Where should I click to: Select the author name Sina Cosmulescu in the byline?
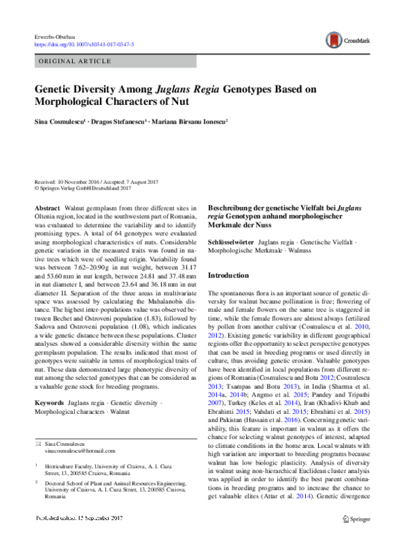[61, 121]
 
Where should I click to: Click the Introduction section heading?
[233, 275]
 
